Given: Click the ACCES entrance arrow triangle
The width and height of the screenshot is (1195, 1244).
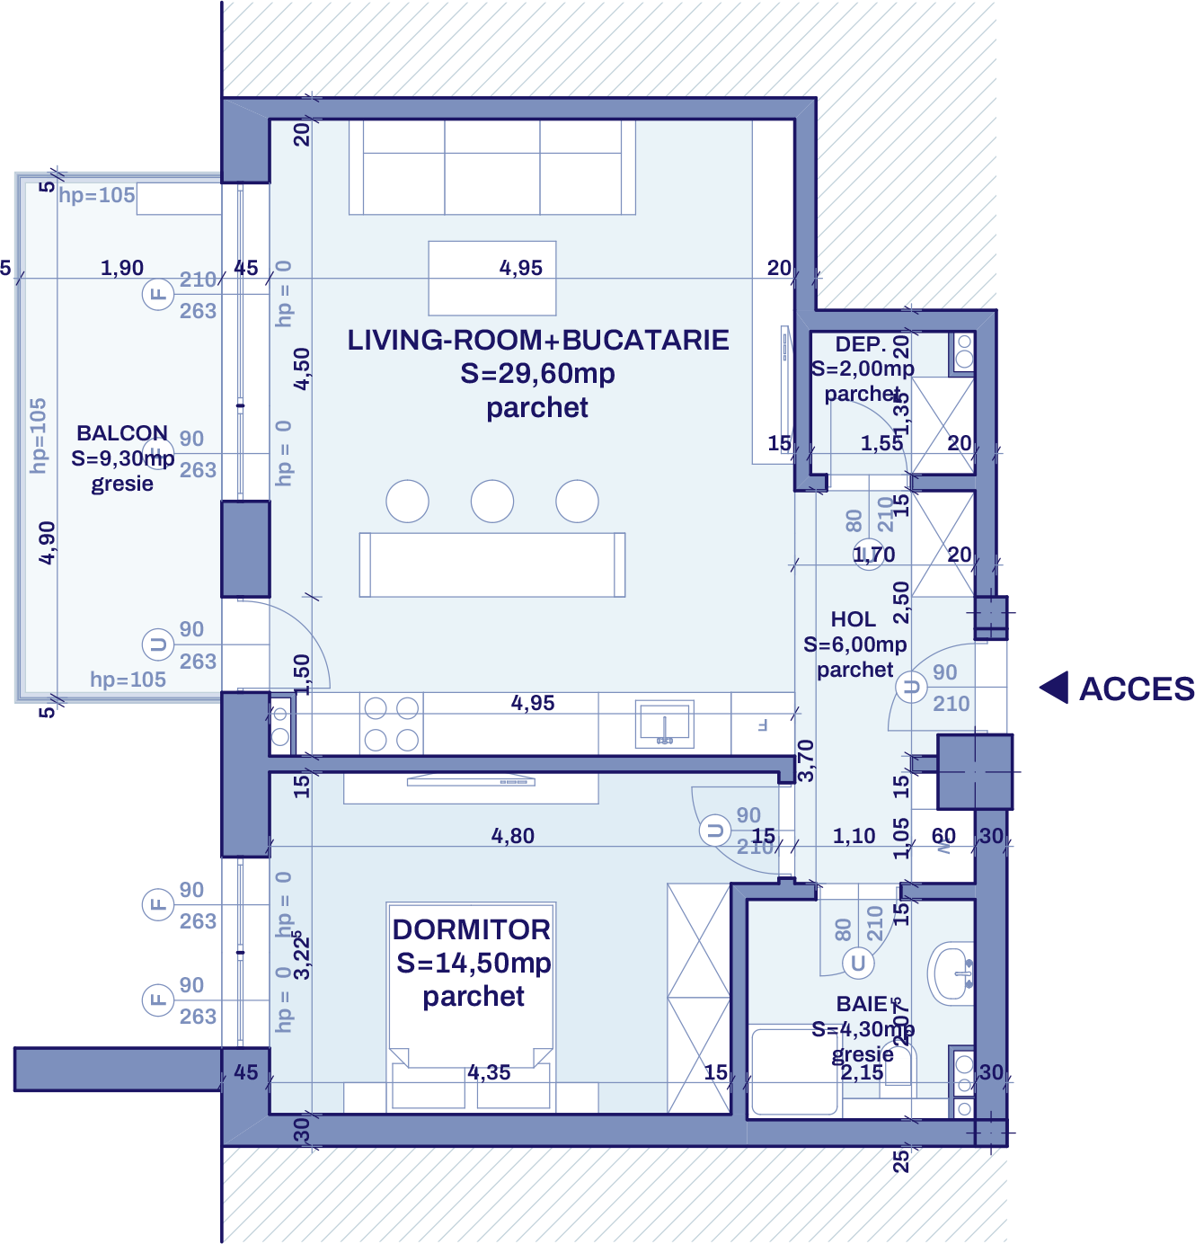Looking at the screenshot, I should pos(1056,689).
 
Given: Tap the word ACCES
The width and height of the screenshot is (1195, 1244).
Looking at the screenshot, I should pos(1137,689).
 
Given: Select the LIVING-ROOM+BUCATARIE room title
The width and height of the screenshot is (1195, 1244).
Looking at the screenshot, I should pos(538,341).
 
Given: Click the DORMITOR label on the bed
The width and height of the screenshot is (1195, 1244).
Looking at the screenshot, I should pos(472,929).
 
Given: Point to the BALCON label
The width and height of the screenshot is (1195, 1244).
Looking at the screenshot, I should pos(122,433).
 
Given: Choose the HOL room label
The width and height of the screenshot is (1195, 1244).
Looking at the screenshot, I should pos(854,619).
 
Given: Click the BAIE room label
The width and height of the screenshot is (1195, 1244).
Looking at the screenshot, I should pos(862,1004).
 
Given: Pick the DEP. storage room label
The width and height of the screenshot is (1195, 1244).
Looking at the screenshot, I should pos(861,344).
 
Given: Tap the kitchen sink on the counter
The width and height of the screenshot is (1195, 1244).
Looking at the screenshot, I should pos(664,723).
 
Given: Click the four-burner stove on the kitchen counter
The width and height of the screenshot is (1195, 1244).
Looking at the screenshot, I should pos(392,724).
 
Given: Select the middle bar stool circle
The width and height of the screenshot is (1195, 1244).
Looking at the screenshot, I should pos(492,502).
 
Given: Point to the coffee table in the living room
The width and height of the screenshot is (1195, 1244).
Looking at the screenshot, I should pos(492,278).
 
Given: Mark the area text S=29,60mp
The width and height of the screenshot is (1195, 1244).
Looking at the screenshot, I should pos(537,374).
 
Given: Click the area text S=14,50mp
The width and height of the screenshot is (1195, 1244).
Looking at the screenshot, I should pos(474,964).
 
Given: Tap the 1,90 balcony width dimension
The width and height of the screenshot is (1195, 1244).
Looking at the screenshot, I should pos(122,268).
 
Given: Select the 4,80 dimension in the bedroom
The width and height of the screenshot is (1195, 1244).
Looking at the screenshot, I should pos(513,836).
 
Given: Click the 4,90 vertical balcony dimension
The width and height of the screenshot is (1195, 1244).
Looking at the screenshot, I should pos(47,543).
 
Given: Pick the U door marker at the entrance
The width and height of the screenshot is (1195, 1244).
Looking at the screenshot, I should pos(911,689).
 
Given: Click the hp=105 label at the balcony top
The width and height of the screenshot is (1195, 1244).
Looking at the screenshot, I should pos(97,195).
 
